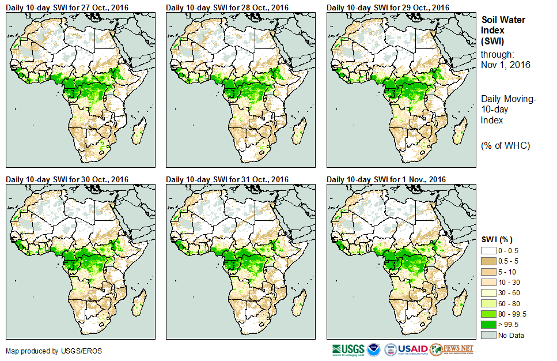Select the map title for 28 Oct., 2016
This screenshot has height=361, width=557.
(x=227, y=7)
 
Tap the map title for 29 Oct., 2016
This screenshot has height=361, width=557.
(x=388, y=7)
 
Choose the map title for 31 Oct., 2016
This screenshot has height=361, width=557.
(x=227, y=179)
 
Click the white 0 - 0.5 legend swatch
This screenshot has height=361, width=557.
(x=488, y=250)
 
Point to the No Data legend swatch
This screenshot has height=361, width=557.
(x=488, y=335)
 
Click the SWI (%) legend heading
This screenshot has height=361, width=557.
(x=497, y=239)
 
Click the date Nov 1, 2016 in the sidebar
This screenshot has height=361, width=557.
(x=505, y=65)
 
